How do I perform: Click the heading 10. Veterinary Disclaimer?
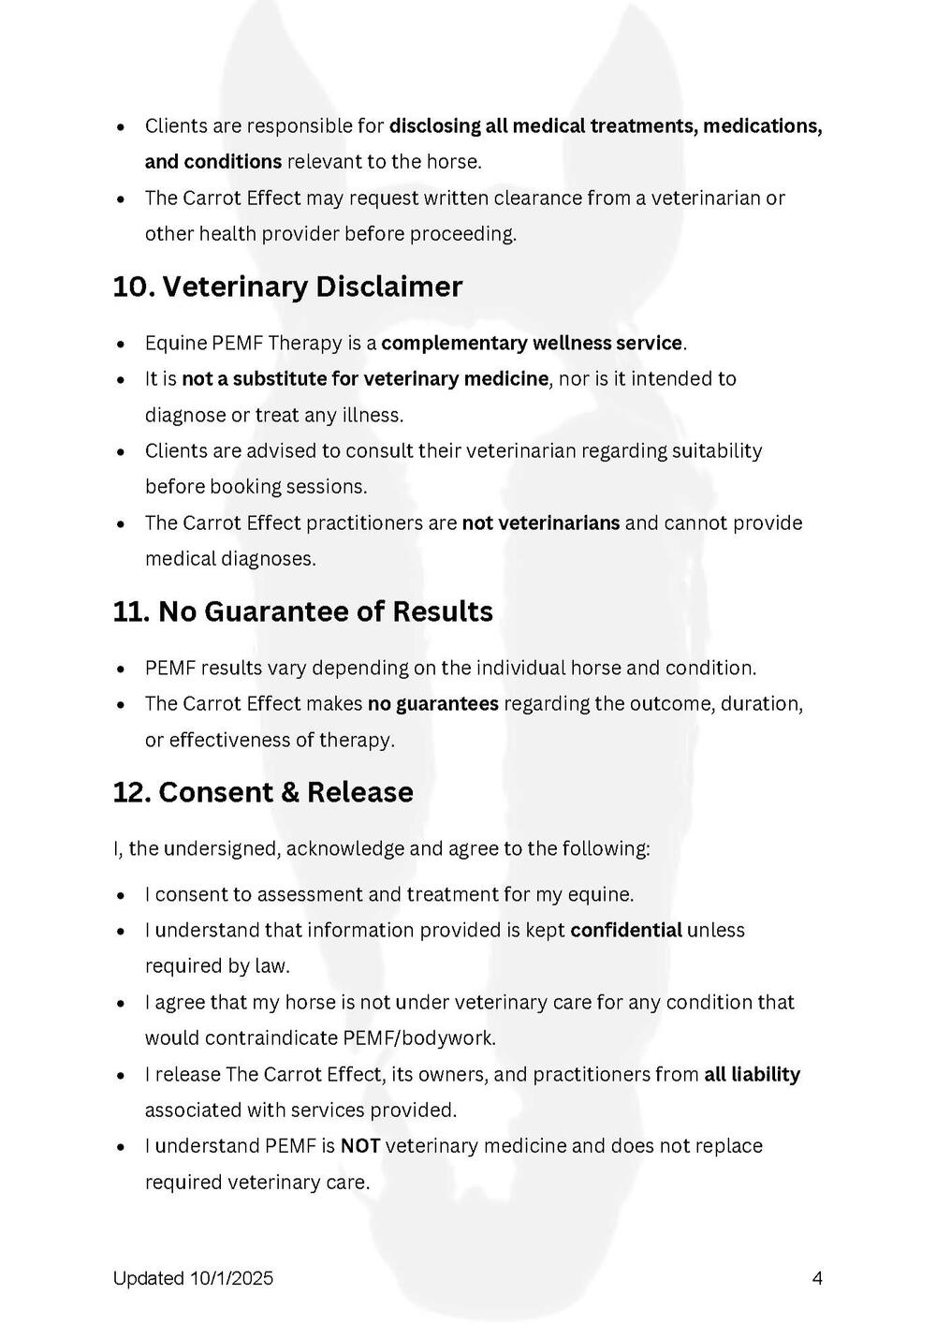tap(287, 287)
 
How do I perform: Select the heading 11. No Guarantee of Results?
tap(302, 611)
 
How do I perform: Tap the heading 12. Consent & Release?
tap(262, 792)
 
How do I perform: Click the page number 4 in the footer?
tap(817, 1278)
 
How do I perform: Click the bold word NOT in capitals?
tap(360, 1146)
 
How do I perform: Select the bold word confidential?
tap(626, 930)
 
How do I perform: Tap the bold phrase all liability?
tap(752, 1074)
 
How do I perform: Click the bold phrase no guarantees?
tap(432, 703)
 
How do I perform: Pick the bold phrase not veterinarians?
tap(540, 522)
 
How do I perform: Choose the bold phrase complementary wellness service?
tap(532, 343)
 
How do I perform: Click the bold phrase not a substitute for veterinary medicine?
tap(365, 378)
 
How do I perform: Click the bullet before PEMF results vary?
tap(121, 669)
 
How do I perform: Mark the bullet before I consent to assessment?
tap(121, 896)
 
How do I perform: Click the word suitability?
tap(717, 450)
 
